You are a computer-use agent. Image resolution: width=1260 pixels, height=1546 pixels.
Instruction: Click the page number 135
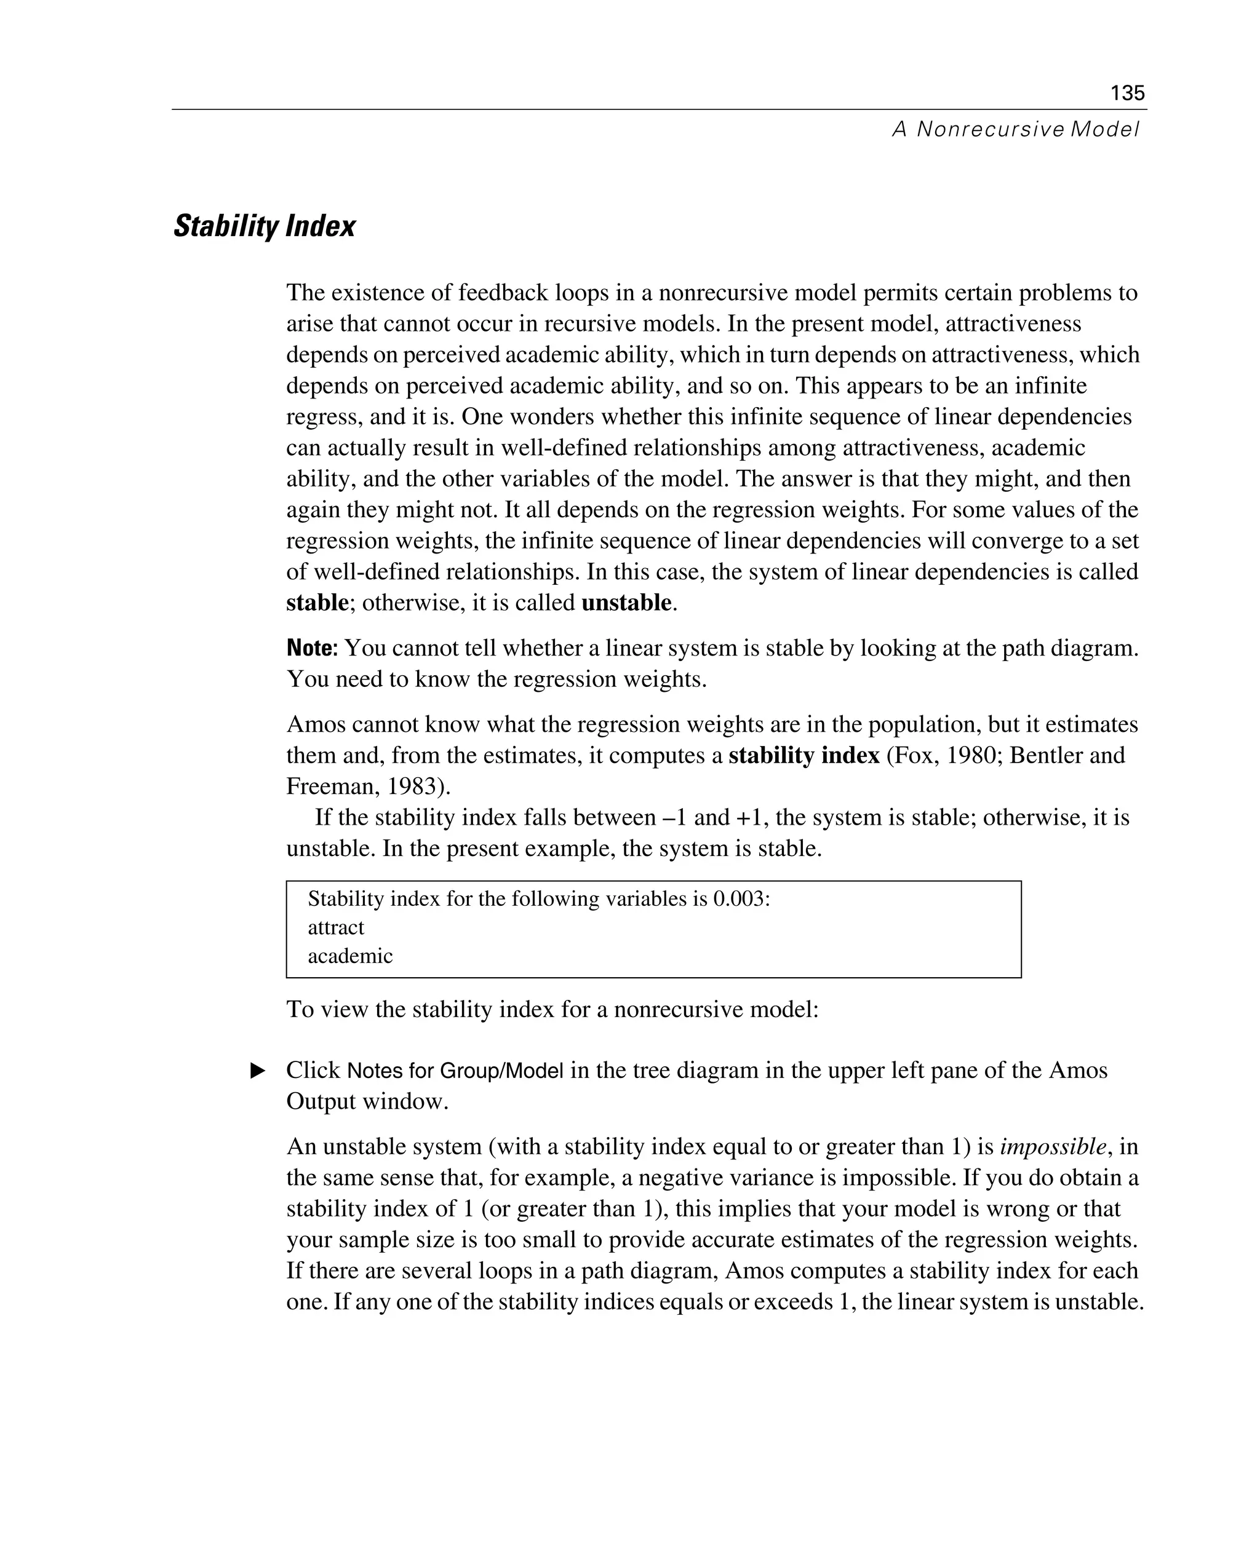click(x=1127, y=93)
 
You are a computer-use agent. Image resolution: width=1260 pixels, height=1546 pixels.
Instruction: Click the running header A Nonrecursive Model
click(x=1015, y=130)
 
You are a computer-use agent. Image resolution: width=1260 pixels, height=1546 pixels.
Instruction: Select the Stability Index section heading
click(x=264, y=226)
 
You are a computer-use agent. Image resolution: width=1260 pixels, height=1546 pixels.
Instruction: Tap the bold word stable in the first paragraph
click(x=317, y=603)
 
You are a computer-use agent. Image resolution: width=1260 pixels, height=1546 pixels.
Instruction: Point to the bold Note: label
click(x=312, y=648)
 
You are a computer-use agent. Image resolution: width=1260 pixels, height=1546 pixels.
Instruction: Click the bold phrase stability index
click(x=803, y=756)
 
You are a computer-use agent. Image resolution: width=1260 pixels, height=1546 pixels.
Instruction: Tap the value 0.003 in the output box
click(x=738, y=899)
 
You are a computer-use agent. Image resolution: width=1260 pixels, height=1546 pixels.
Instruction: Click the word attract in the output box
click(x=336, y=928)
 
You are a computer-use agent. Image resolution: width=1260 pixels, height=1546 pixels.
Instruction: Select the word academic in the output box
click(x=350, y=956)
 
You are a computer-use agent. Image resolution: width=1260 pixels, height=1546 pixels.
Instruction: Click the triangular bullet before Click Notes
click(x=258, y=1071)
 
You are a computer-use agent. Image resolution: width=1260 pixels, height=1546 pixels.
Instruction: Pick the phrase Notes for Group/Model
click(x=455, y=1071)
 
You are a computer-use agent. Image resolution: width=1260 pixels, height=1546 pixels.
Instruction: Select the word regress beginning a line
click(x=315, y=417)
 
